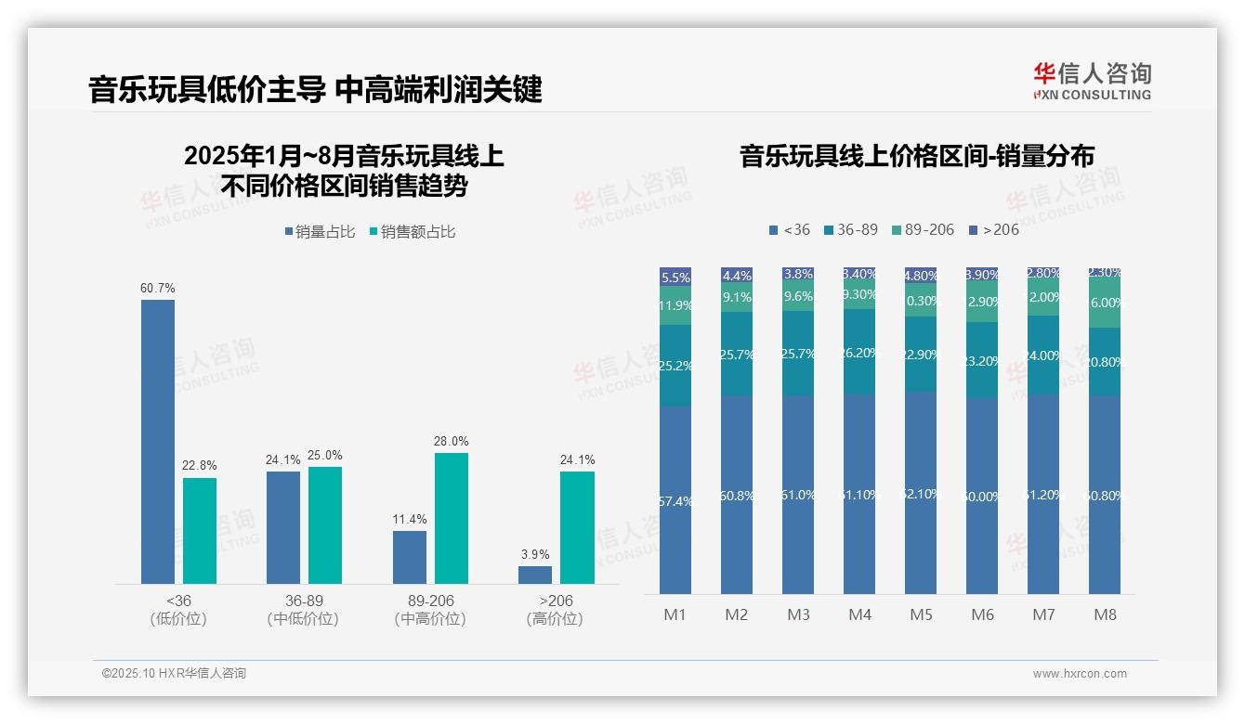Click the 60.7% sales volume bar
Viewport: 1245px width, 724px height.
[x=158, y=441]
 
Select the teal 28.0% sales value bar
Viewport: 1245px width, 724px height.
[x=451, y=518]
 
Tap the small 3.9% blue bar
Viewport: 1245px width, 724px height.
[x=535, y=575]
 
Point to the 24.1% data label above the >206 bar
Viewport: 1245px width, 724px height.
[x=577, y=460]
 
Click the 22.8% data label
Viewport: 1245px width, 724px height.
[x=200, y=466]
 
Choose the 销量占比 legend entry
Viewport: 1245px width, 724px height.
[x=320, y=232]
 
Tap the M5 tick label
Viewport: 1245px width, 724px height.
[x=921, y=614]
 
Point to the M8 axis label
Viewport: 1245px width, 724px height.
[x=1105, y=614]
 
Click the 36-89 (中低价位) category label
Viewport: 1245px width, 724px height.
[x=302, y=610]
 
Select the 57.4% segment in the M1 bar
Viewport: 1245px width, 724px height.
[x=675, y=500]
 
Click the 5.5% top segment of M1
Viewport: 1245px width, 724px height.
[x=675, y=277]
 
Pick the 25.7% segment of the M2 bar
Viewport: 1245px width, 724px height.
[x=737, y=354]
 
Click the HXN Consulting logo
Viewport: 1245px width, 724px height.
[x=1092, y=81]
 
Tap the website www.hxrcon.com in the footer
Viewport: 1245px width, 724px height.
[x=1080, y=674]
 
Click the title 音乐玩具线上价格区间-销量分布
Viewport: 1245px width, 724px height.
[x=916, y=156]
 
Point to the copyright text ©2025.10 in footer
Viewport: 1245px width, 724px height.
[x=174, y=674]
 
